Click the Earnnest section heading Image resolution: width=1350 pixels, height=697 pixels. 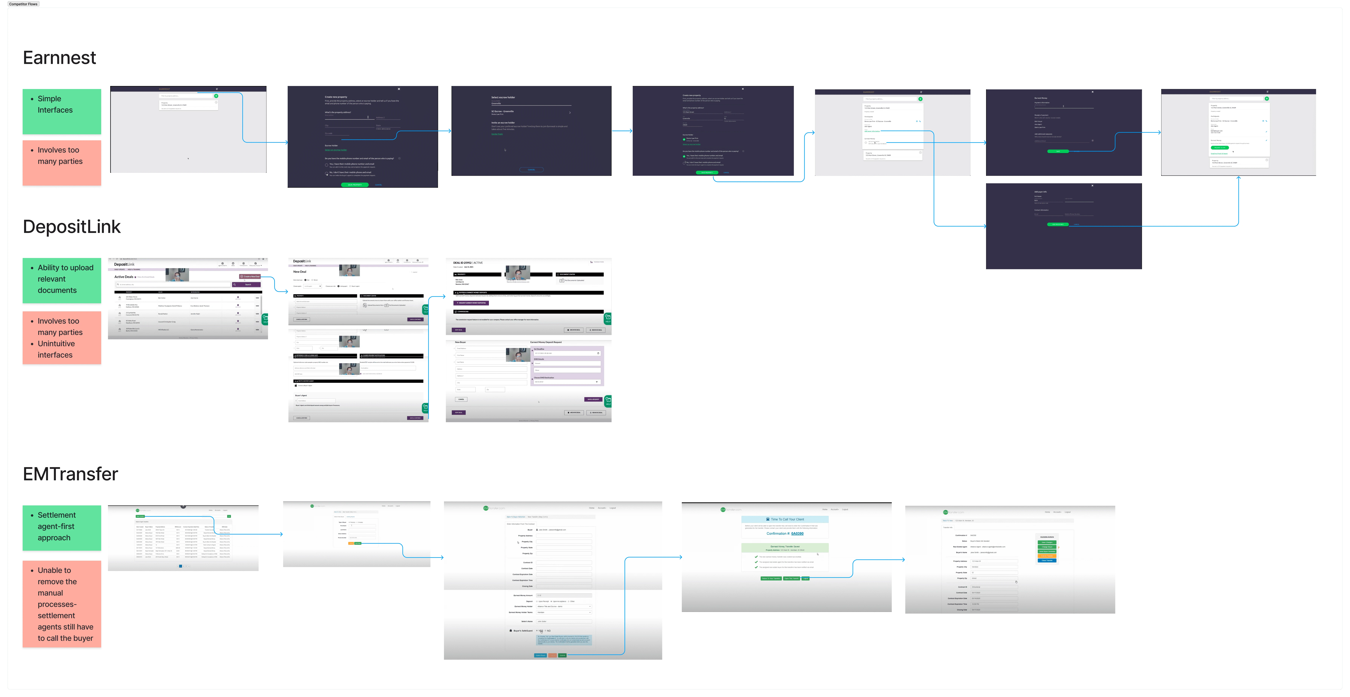click(59, 58)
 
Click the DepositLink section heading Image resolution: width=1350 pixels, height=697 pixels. click(72, 227)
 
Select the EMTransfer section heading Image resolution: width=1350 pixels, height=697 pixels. click(70, 474)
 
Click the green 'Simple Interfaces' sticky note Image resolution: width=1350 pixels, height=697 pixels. click(62, 111)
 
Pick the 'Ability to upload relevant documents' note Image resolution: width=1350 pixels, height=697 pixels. click(62, 280)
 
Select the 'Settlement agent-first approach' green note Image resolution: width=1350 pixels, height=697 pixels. click(62, 527)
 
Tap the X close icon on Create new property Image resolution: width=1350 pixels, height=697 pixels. click(399, 89)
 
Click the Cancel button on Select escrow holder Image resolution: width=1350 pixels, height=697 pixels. click(531, 170)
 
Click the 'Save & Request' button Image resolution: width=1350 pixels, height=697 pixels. click(593, 399)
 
